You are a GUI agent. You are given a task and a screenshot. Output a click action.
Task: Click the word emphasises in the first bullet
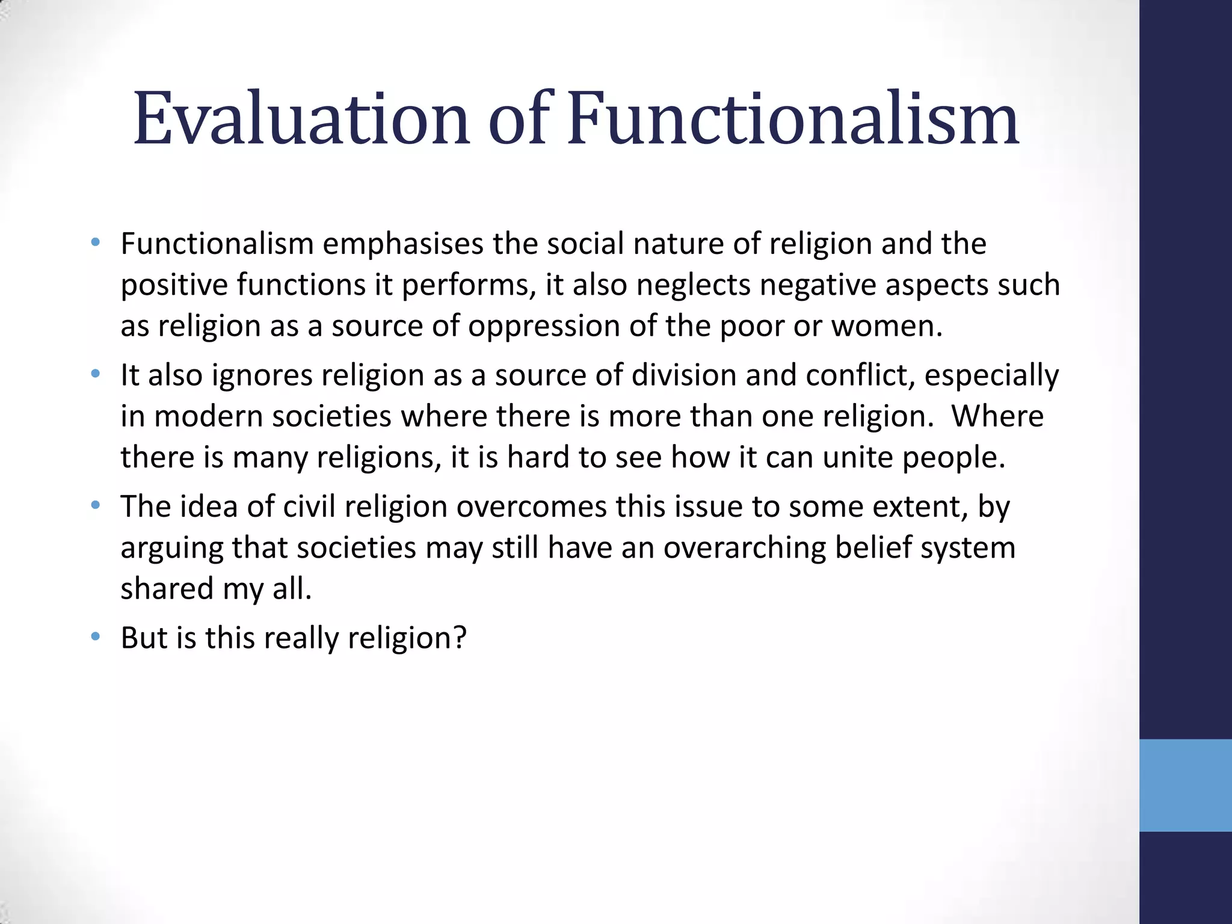point(403,244)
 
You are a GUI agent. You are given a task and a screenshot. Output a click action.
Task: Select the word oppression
point(544,327)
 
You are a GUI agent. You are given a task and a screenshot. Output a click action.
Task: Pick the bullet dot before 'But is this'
point(96,636)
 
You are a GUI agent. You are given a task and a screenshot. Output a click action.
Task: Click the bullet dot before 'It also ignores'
point(96,374)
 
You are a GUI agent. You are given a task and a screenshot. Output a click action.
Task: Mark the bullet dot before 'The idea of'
point(96,505)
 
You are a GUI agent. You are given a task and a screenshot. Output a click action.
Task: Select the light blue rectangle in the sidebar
point(1186,785)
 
